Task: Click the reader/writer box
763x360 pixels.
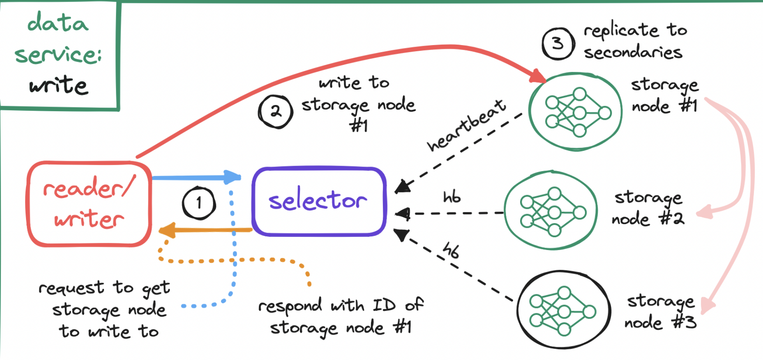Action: (89, 204)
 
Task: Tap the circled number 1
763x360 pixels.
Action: (199, 203)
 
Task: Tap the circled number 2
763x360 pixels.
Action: (275, 111)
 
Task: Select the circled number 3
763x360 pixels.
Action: (558, 43)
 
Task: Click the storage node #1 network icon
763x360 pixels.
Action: (576, 112)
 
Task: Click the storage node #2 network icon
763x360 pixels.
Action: (551, 211)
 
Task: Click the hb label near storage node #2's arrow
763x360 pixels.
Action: (452, 197)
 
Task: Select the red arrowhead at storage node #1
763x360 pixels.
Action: (538, 76)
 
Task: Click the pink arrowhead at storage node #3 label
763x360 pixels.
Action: (708, 306)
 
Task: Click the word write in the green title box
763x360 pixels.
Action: (59, 85)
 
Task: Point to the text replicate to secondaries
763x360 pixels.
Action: (634, 41)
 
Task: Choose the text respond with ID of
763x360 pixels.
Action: (341, 305)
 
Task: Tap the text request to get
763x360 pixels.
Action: (104, 288)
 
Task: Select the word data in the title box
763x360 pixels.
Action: (58, 23)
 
